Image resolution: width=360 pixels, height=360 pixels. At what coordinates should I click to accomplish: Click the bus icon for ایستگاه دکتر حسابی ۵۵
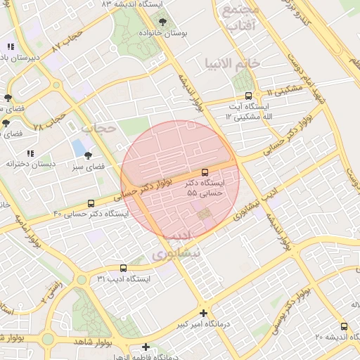click(205, 172)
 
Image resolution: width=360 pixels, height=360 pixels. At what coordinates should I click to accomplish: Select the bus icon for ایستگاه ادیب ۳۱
click(123, 268)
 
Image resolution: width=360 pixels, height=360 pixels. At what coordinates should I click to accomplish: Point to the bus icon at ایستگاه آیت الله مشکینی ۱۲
click(247, 96)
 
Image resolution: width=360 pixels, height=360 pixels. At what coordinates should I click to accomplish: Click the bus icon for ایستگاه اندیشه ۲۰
click(344, 326)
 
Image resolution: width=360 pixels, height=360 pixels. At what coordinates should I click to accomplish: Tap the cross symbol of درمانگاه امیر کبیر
click(204, 313)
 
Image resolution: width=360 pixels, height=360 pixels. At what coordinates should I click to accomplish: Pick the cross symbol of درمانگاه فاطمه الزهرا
click(146, 347)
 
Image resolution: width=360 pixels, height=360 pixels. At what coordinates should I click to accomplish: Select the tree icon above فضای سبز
click(88, 155)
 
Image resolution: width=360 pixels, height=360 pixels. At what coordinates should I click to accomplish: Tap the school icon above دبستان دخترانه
click(30, 153)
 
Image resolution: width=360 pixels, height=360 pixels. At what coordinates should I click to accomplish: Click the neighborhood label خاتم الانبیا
click(233, 64)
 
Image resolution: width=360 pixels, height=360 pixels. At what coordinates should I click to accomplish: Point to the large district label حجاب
click(98, 128)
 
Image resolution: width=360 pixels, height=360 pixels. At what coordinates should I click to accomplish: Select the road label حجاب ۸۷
click(67, 40)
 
